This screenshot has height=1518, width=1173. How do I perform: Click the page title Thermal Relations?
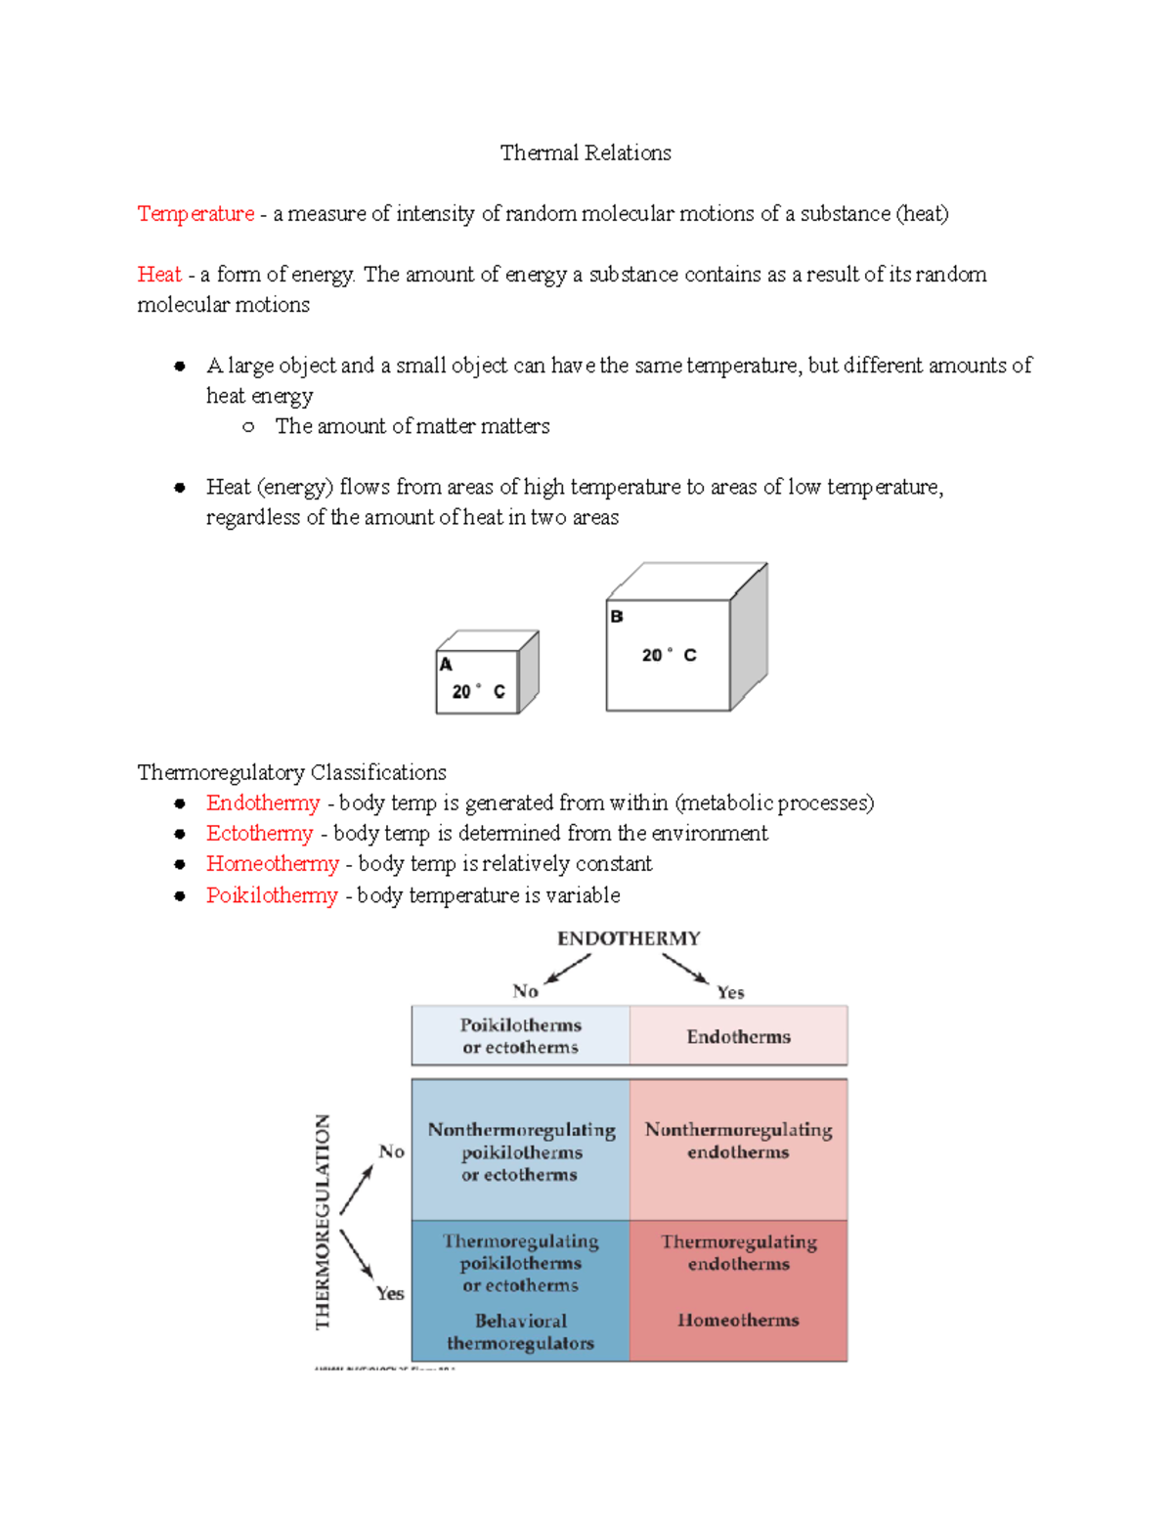tap(586, 152)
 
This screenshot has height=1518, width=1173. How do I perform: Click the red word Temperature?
tap(195, 213)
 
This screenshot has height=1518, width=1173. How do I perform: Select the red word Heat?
tap(159, 274)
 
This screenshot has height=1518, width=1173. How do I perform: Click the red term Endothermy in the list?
tap(263, 802)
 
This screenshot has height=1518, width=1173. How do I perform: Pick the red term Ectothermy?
tap(259, 833)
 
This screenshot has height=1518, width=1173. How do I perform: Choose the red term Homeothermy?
tap(272, 864)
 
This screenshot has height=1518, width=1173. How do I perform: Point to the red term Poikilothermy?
tap(272, 895)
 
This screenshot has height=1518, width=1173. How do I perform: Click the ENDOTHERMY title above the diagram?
tap(629, 938)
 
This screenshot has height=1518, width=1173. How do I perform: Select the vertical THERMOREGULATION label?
tap(324, 1222)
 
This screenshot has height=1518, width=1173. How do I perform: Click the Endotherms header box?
tap(738, 1036)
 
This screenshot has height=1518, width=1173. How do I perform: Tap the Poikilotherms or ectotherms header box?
tap(520, 1036)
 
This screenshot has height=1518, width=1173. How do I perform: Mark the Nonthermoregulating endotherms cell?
tap(738, 1141)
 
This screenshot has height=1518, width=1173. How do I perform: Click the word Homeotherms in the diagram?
tap(738, 1320)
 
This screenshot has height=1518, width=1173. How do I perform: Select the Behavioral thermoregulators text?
tap(520, 1332)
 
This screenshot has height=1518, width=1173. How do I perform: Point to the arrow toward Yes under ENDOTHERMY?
tap(685, 969)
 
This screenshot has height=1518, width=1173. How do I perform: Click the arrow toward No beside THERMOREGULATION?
tap(357, 1190)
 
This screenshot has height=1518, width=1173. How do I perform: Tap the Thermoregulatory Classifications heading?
tap(291, 772)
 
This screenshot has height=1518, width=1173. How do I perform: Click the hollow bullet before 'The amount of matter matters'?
tap(248, 426)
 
